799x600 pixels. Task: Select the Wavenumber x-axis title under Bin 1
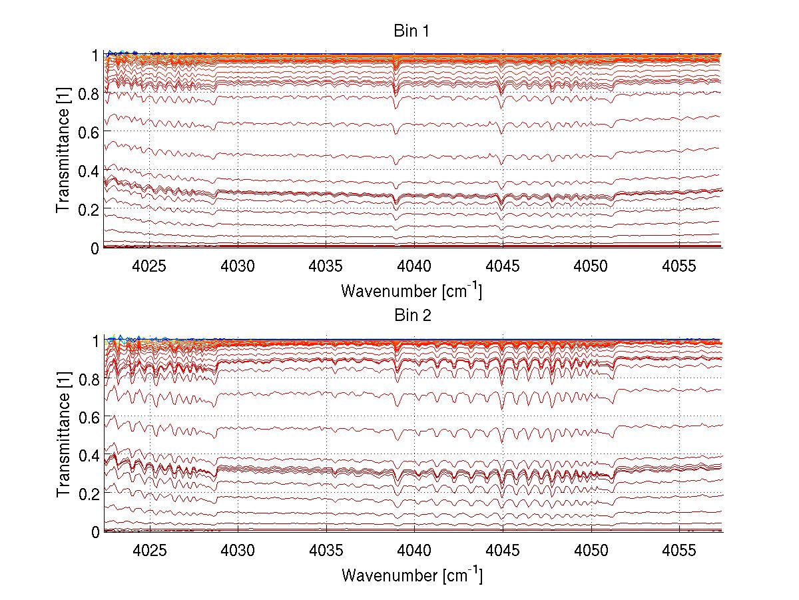tap(411, 290)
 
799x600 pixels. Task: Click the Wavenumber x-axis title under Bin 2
tap(411, 574)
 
